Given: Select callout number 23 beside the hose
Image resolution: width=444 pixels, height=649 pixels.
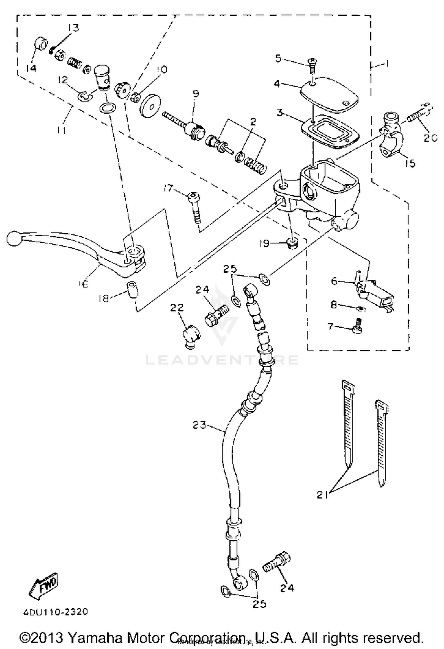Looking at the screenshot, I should click(x=199, y=425).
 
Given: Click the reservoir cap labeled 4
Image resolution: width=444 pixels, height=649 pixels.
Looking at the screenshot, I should click(x=329, y=94).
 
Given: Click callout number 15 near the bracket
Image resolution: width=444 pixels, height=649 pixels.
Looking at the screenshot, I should click(x=410, y=163).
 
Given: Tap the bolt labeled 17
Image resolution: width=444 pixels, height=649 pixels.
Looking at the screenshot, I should click(x=194, y=207).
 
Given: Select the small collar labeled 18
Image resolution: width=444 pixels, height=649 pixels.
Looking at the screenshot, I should click(x=132, y=290).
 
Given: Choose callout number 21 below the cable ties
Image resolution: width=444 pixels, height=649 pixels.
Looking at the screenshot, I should click(x=322, y=495).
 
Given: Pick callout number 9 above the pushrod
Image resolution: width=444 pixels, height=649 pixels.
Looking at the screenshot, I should click(x=195, y=94).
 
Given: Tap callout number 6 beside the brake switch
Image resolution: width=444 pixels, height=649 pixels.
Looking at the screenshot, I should click(x=334, y=281).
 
